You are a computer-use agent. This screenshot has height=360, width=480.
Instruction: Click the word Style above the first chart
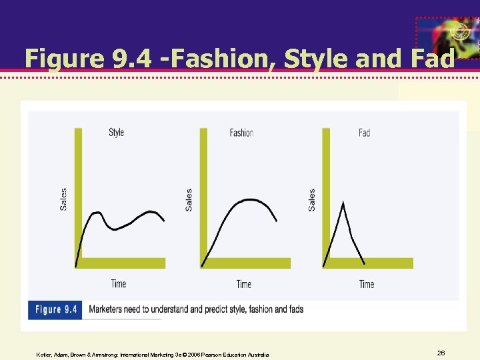click(116, 132)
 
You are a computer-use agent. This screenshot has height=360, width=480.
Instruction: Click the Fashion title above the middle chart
click(241, 133)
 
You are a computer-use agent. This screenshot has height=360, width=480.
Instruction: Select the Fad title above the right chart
click(364, 133)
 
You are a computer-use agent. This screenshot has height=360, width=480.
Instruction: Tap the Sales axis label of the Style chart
click(63, 199)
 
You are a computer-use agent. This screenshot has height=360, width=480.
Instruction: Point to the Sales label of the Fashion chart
click(189, 199)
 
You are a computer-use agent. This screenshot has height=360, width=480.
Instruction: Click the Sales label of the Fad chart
click(311, 199)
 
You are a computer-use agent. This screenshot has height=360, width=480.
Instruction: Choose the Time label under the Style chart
click(119, 283)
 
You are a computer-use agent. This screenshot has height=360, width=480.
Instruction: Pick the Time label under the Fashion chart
click(244, 284)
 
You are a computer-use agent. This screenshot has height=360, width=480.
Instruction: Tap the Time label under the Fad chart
click(367, 284)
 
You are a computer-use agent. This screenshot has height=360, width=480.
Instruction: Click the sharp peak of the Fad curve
click(343, 203)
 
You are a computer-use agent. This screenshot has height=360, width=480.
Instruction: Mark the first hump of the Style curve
click(97, 213)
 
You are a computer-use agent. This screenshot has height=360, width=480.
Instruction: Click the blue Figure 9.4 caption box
click(55, 309)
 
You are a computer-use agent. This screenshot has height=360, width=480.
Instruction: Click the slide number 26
click(441, 352)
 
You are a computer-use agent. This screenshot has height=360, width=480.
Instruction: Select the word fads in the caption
click(293, 309)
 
